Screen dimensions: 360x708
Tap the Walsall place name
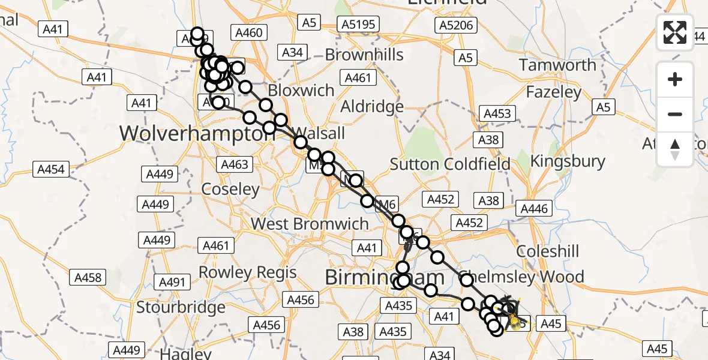(x=320, y=133)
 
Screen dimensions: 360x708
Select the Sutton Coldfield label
(x=450, y=164)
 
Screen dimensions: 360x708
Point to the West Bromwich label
(x=310, y=224)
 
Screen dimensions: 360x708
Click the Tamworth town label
(x=557, y=65)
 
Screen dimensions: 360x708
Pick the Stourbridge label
(x=181, y=308)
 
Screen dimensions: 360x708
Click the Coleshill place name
(x=548, y=251)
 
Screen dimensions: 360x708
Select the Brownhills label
(x=364, y=55)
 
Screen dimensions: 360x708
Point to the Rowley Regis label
(x=247, y=272)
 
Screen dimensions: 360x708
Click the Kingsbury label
(x=568, y=161)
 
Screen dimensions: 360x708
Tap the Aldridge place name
(x=372, y=107)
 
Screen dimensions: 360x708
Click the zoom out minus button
(x=675, y=114)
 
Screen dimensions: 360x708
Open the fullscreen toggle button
(x=675, y=32)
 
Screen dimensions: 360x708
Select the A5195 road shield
(x=358, y=24)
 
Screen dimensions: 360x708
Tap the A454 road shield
(x=50, y=169)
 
